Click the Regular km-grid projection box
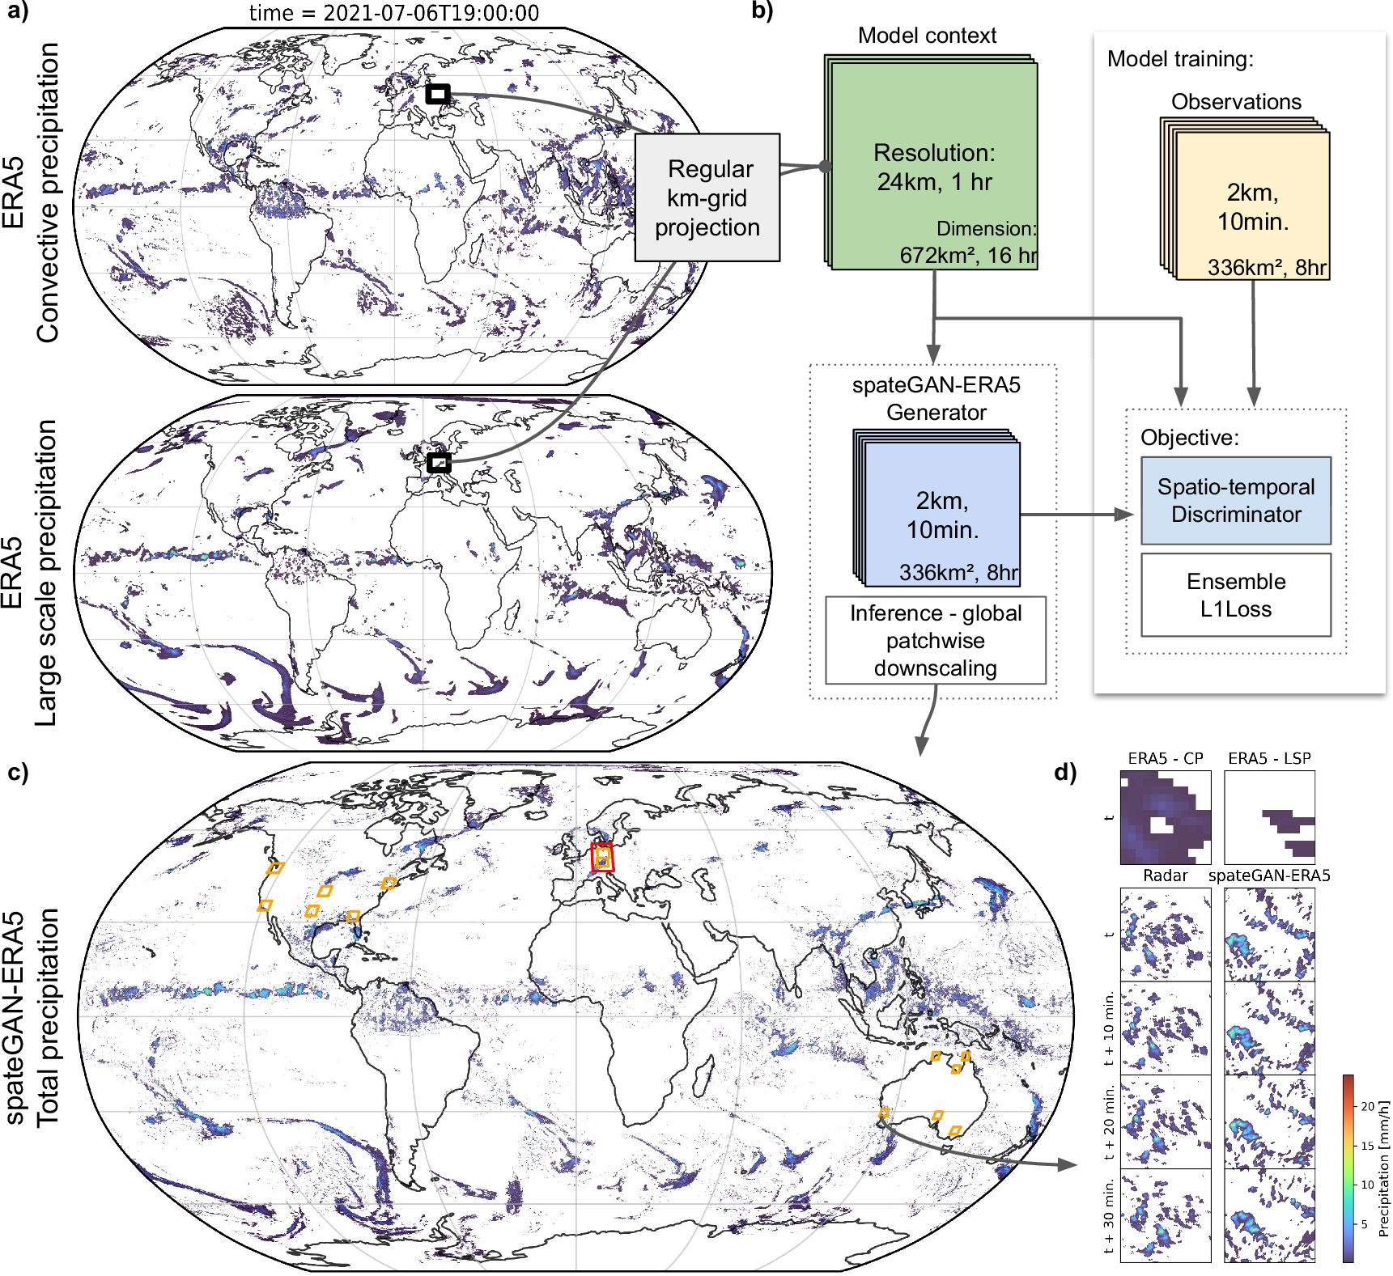[707, 197]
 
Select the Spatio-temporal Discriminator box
[1235, 500]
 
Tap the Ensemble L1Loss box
[1235, 595]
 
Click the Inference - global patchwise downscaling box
[935, 640]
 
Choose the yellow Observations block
[1251, 206]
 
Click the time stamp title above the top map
[393, 13]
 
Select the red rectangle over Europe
[602, 857]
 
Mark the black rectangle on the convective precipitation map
[438, 94]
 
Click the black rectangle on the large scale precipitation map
[439, 463]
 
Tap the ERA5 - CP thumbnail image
[1165, 817]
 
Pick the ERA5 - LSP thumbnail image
[1269, 817]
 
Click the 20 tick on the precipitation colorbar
[1367, 1106]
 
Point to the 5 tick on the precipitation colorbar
[1365, 1224]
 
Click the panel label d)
[1065, 772]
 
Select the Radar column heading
[1165, 875]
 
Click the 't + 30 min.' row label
[1109, 1215]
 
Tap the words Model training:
[1179, 59]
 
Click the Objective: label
[1189, 438]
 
